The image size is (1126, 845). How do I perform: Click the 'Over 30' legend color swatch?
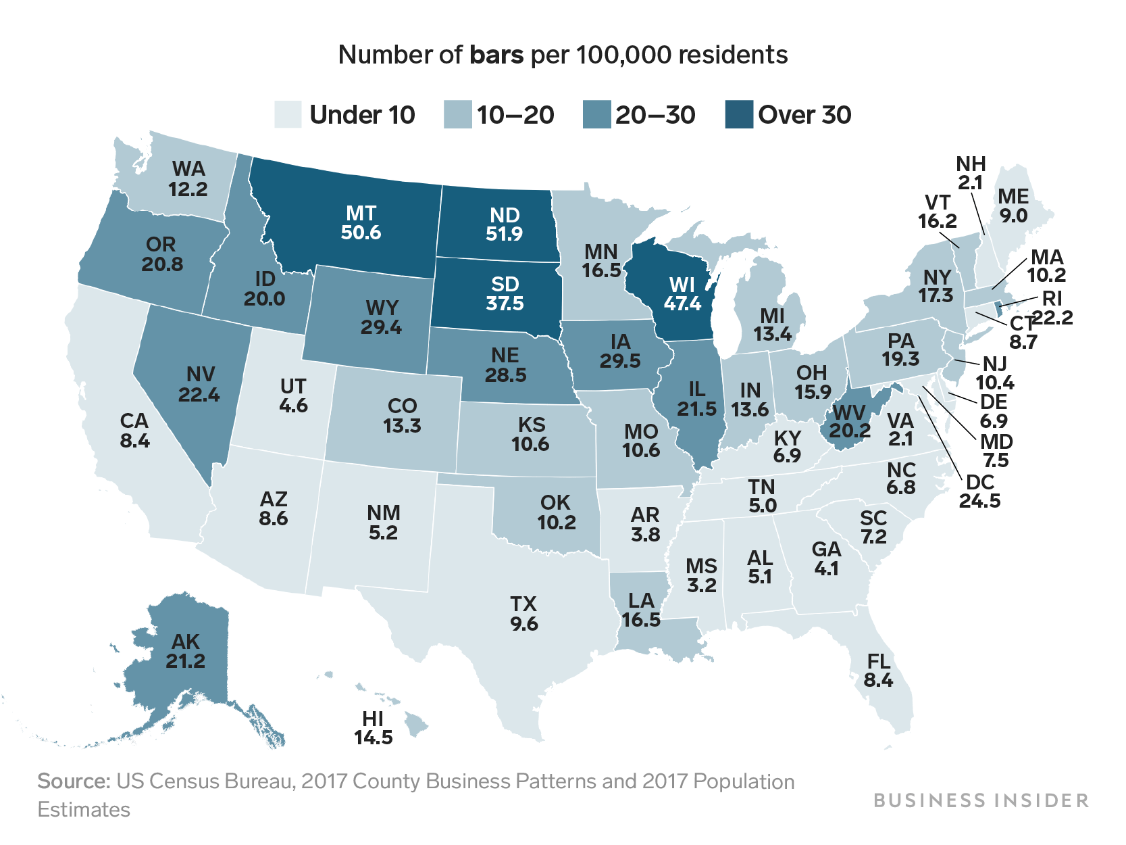pos(738,114)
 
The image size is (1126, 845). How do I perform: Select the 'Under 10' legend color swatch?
pos(288,114)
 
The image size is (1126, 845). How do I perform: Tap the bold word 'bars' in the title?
pos(496,54)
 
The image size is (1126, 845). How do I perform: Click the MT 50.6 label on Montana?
pos(361,223)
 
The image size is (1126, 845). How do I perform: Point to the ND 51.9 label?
pos(504,224)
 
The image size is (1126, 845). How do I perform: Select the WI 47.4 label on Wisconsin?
pos(682,294)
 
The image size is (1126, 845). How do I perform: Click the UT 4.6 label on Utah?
pos(293,395)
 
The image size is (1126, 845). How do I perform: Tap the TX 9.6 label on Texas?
pos(523,613)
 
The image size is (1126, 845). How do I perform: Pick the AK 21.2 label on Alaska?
pos(185,651)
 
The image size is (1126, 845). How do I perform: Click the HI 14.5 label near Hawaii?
pos(373,728)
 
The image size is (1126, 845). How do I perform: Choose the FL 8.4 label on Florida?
pos(878,670)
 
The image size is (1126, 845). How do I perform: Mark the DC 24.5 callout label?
pos(979,491)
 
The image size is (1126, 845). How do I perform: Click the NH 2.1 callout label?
pos(971,173)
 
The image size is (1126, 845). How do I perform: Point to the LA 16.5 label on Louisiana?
pos(640,610)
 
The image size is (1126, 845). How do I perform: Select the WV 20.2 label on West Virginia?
pos(849,420)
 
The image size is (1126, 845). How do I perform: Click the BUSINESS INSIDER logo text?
pos(981,800)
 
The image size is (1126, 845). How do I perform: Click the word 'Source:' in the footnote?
pos(74,781)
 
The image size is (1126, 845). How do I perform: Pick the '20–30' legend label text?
pos(655,115)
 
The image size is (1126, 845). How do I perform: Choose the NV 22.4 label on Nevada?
pos(199,383)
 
